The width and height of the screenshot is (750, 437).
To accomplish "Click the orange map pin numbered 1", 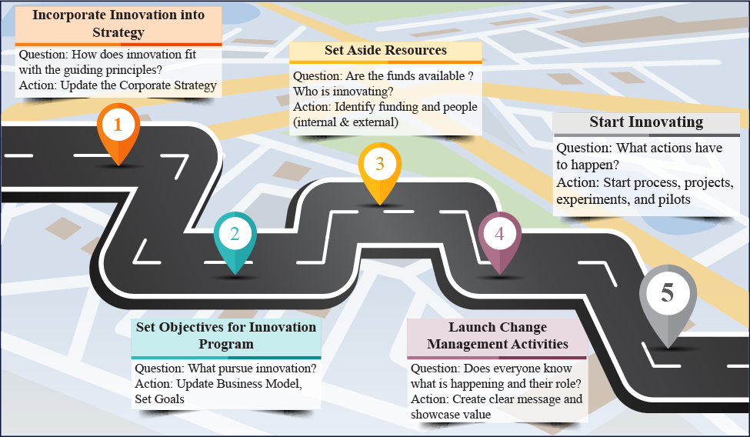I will pyautogui.click(x=118, y=127).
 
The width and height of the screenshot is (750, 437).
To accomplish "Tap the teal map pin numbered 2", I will pyautogui.click(x=235, y=235).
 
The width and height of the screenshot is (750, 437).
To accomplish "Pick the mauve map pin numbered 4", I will pyautogui.click(x=499, y=235).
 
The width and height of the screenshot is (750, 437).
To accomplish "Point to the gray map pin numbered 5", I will pyautogui.click(x=668, y=295).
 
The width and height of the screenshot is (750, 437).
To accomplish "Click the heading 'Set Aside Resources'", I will pyautogui.click(x=385, y=51).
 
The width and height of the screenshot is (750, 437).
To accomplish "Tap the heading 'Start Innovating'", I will pyautogui.click(x=646, y=122).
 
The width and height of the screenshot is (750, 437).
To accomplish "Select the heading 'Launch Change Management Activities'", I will pyautogui.click(x=498, y=336).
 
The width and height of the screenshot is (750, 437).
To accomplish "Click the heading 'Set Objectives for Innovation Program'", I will pyautogui.click(x=226, y=335).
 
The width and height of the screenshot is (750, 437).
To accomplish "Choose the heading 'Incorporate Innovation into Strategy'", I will pyautogui.click(x=118, y=23).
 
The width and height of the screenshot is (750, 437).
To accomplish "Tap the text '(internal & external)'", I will pyautogui.click(x=345, y=122).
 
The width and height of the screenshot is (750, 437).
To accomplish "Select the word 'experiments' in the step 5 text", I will pyautogui.click(x=588, y=199).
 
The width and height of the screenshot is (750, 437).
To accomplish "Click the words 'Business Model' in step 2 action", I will pyautogui.click(x=258, y=384).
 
